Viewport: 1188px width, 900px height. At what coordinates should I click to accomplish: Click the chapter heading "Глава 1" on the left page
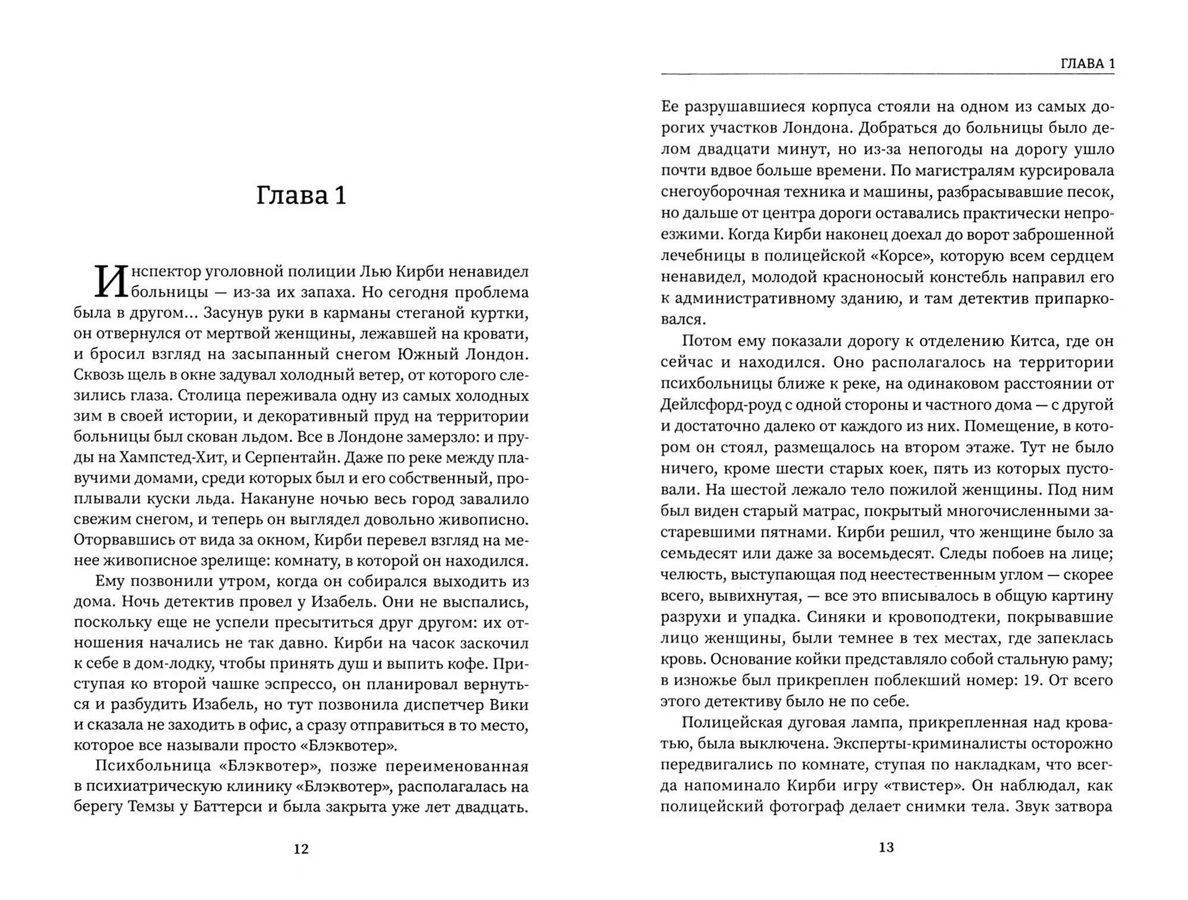pyautogui.click(x=301, y=196)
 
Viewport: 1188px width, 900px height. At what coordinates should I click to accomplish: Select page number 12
pyautogui.click(x=301, y=849)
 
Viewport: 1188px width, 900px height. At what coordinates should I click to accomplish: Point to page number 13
pyautogui.click(x=886, y=848)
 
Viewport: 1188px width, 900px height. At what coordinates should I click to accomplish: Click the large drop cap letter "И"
pyautogui.click(x=111, y=282)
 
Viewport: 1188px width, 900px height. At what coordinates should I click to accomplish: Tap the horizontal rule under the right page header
pyautogui.click(x=887, y=74)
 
